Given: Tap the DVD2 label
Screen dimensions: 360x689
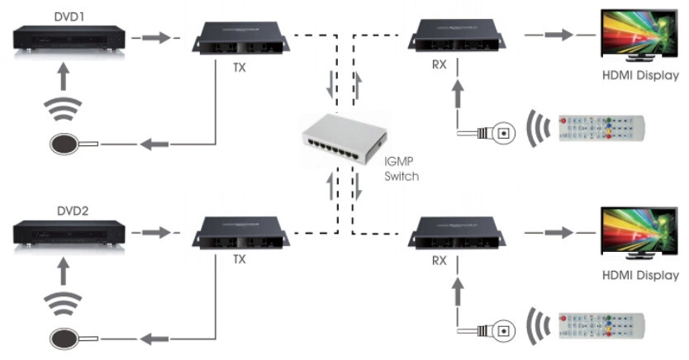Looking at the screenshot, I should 50,211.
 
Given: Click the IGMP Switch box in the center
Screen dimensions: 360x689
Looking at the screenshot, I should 340,141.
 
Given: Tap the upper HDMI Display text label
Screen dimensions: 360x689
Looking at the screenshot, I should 640,76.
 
